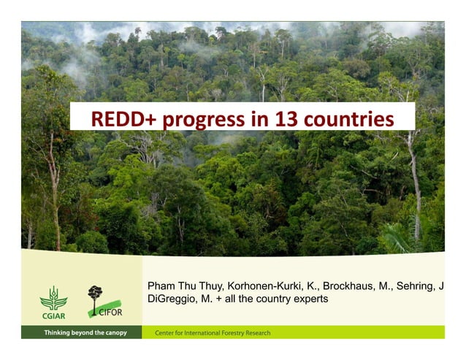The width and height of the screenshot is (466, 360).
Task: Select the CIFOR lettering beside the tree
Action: click(x=107, y=313)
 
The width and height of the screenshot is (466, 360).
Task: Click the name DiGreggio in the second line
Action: click(x=172, y=299)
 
